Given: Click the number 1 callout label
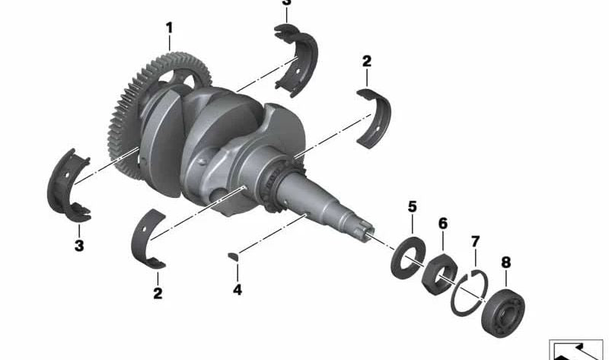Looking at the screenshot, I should (x=169, y=28).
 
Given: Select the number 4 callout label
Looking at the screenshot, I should (x=237, y=290).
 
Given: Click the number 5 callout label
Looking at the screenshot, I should (x=412, y=206).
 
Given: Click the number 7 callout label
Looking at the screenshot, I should (x=475, y=242).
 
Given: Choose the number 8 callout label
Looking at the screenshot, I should (x=505, y=263).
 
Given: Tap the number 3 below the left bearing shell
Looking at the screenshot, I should (x=78, y=246).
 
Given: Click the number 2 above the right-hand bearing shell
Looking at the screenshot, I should (x=366, y=60).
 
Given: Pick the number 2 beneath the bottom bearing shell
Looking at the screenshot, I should (x=158, y=292).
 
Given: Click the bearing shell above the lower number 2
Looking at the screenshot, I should (x=149, y=239).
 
